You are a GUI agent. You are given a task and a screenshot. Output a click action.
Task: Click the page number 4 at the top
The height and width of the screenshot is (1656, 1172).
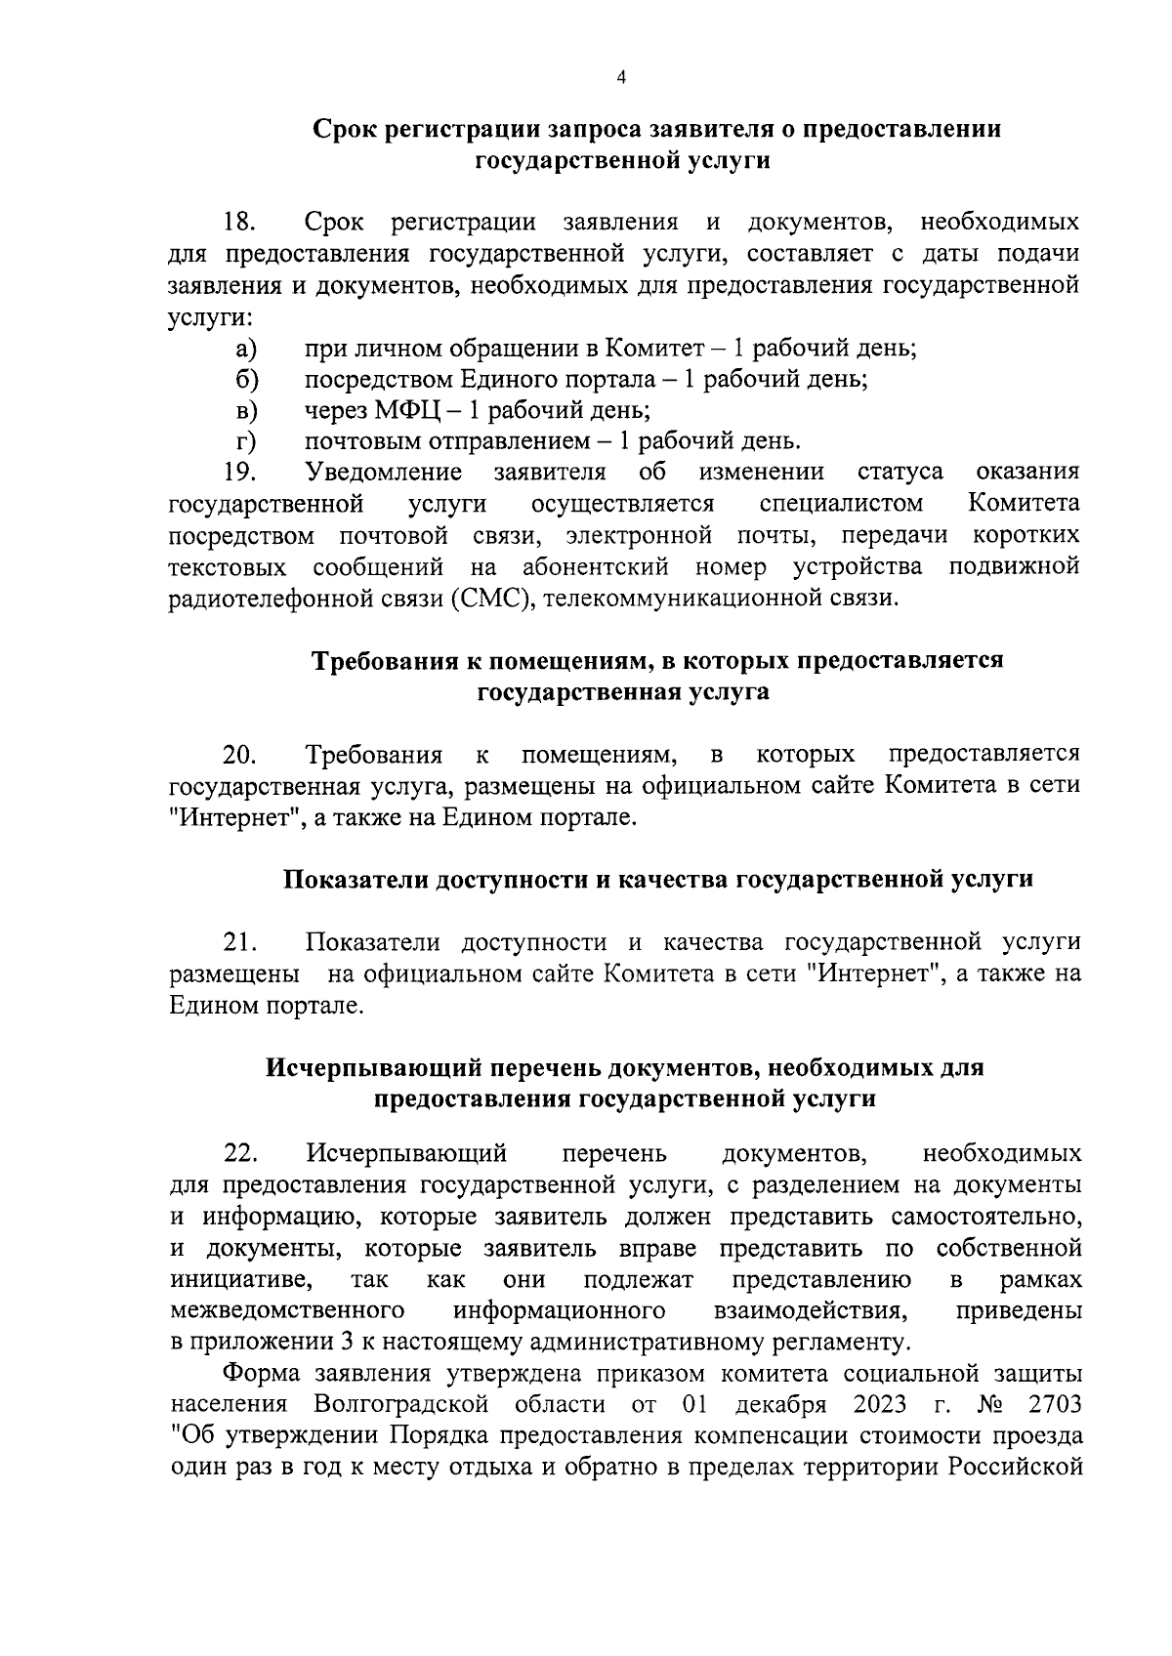(x=621, y=79)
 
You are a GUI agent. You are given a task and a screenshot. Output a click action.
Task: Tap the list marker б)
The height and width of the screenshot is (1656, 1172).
(x=244, y=379)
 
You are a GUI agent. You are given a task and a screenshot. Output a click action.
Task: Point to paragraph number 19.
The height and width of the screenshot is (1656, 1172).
(x=239, y=473)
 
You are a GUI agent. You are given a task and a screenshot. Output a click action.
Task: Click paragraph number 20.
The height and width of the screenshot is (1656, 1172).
(x=239, y=755)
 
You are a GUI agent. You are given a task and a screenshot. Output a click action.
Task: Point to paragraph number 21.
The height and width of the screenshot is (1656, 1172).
(x=239, y=942)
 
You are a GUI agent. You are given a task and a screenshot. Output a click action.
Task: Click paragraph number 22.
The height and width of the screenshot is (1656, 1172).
(x=239, y=1154)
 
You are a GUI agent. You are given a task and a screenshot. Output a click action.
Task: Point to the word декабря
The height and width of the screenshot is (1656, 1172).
(x=774, y=1404)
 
